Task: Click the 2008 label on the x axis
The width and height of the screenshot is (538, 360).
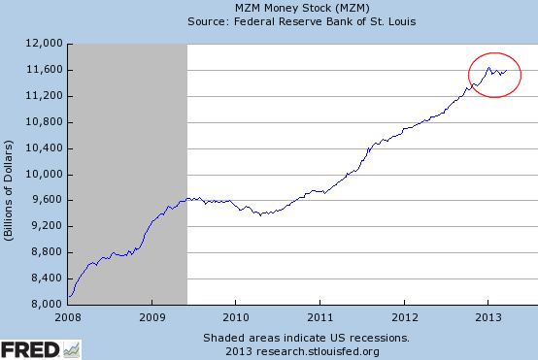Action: tap(68, 317)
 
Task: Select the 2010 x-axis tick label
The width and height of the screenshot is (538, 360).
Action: tap(236, 317)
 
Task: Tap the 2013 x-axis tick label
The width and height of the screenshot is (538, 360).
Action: tap(488, 317)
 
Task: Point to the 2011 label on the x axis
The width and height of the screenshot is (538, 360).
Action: tap(320, 317)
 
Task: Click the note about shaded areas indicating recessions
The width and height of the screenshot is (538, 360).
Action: tap(306, 338)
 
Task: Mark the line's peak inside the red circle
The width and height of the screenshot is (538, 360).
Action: tap(488, 67)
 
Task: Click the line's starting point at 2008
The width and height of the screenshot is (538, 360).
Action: tap(69, 297)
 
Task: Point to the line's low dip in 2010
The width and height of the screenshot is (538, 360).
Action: tap(260, 214)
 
